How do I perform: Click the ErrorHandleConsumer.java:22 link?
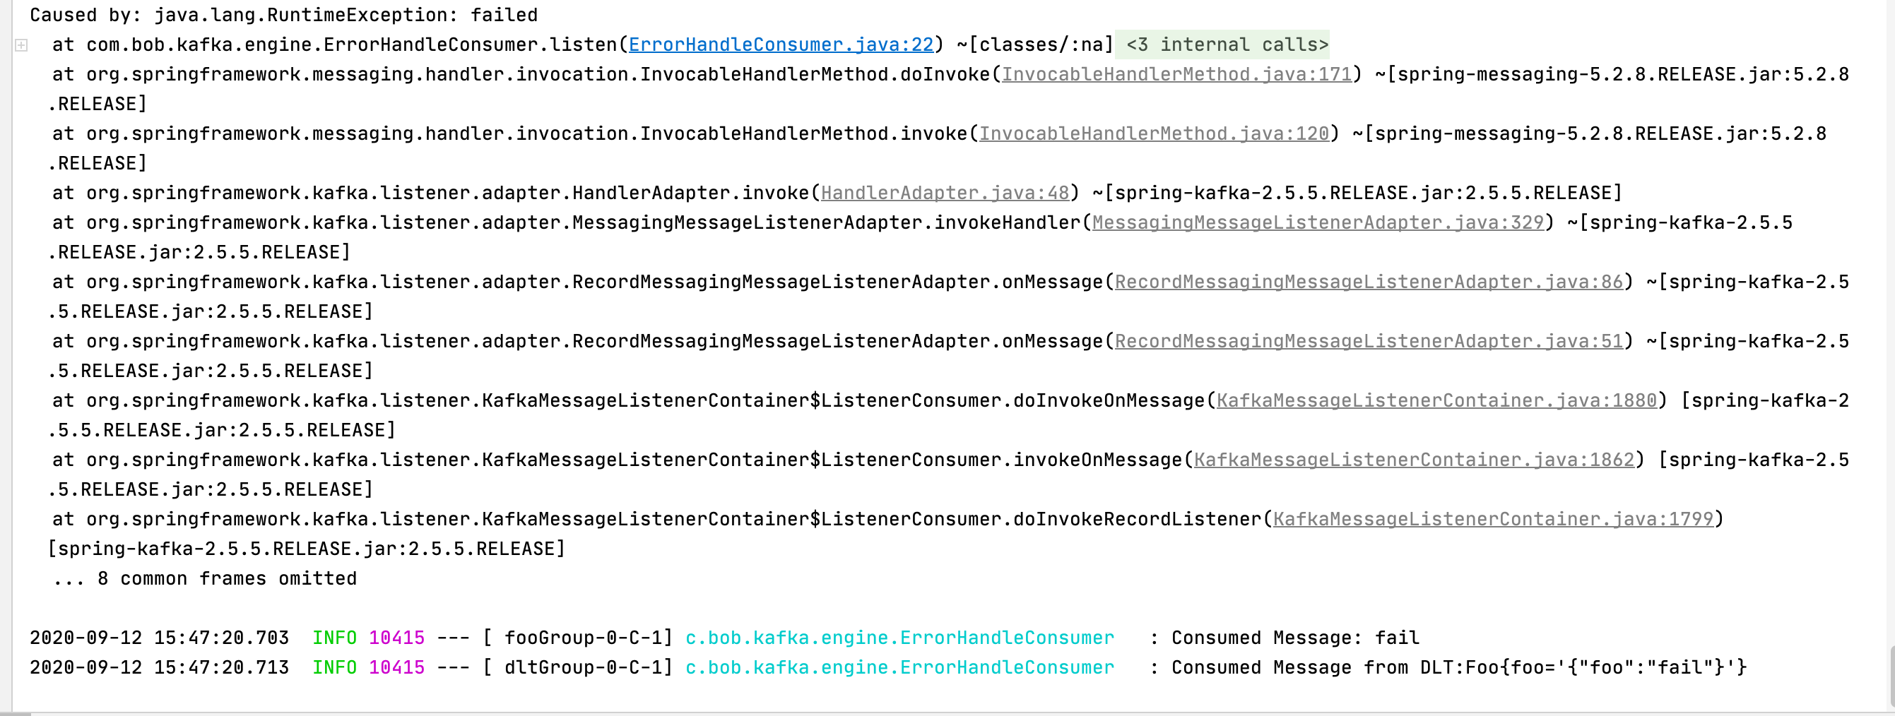(781, 45)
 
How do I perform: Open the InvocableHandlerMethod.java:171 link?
(1176, 74)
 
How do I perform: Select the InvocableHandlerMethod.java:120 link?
(1154, 133)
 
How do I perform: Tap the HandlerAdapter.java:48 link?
(945, 193)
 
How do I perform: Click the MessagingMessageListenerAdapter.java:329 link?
(1318, 222)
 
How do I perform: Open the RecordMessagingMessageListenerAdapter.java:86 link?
(1369, 282)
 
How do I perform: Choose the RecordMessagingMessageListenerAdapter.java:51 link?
(1369, 342)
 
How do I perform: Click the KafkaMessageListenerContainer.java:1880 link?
(1436, 400)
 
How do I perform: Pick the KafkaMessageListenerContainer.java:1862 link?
(1413, 460)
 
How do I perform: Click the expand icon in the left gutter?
(21, 46)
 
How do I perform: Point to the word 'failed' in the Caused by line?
(504, 16)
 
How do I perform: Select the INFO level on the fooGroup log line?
(334, 638)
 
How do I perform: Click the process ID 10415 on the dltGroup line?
(396, 667)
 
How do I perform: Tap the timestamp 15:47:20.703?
(220, 638)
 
